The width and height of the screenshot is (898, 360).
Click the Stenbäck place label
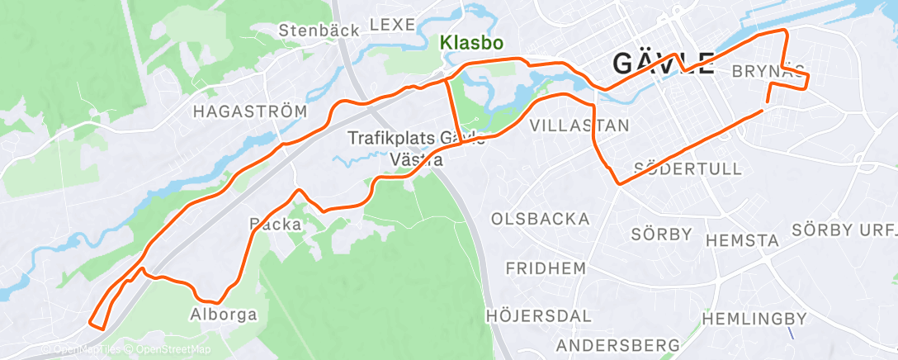[319, 31]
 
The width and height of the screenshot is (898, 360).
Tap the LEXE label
[391, 26]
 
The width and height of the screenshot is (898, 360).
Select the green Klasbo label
[471, 42]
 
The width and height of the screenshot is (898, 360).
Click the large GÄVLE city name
[663, 63]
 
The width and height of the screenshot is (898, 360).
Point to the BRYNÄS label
[768, 72]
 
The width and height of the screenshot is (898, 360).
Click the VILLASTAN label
[579, 126]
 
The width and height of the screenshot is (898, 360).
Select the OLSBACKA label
[540, 219]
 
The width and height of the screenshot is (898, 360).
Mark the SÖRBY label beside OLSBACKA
[661, 234]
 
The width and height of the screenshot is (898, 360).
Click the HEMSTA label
[743, 241]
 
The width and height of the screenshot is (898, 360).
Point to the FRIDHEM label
[546, 268]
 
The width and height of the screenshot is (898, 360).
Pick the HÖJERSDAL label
[539, 315]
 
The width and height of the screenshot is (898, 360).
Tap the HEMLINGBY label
[754, 318]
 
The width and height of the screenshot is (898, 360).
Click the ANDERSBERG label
[618, 344]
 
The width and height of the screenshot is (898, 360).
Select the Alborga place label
[223, 315]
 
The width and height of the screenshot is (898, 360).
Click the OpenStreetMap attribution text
[171, 350]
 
